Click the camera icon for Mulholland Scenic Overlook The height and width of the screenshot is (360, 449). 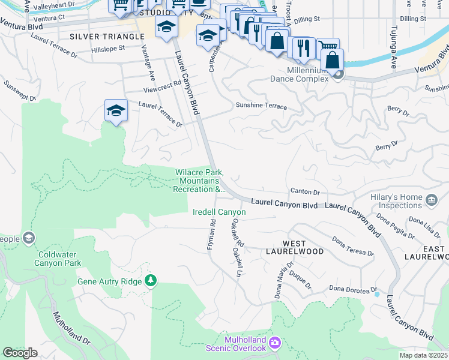pos(275,343)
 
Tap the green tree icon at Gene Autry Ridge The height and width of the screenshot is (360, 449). pos(151,281)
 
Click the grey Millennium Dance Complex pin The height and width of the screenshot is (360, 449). pos(339,75)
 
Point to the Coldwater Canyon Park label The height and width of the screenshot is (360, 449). pos(57,259)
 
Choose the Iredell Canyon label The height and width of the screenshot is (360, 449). pos(218,212)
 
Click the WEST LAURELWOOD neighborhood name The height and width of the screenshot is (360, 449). pos(294,247)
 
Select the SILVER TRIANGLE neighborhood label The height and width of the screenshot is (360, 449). pos(107,37)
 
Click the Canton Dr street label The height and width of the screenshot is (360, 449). pos(305,192)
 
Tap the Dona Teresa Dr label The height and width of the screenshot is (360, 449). pos(352,246)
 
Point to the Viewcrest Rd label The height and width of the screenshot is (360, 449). pos(162,88)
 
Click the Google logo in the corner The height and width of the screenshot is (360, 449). pos(20,352)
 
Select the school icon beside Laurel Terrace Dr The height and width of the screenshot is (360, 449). pos(116,110)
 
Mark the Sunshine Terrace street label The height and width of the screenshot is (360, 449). pos(261,106)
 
